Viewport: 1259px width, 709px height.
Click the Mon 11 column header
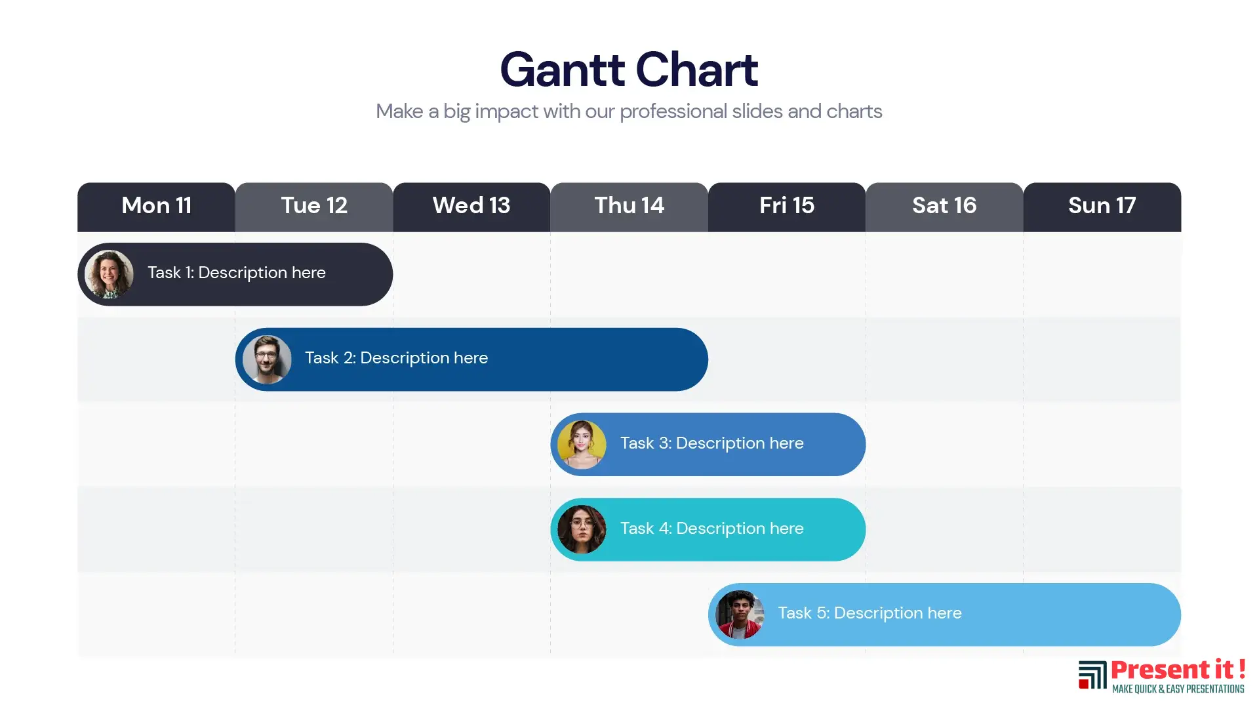coord(156,207)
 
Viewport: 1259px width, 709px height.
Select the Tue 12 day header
coord(314,207)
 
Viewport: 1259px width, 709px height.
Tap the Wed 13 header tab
coord(471,207)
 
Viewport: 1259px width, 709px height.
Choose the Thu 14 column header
coord(629,207)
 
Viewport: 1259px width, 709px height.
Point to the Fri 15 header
coord(787,207)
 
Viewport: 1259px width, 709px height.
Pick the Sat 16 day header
coord(944,207)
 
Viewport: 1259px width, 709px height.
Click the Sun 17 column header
coord(1102,207)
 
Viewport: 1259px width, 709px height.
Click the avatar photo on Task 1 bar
coord(110,274)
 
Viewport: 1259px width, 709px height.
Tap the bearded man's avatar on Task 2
coord(267,359)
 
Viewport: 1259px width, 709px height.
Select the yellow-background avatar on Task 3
coord(582,445)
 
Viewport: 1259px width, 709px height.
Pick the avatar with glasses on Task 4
coord(582,529)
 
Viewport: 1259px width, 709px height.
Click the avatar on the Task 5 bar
coord(740,615)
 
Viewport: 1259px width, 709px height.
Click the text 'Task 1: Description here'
coord(237,273)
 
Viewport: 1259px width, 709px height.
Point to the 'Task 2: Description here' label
coord(397,358)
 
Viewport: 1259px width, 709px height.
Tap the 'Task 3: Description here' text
coord(712,443)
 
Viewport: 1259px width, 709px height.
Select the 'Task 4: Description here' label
coord(712,529)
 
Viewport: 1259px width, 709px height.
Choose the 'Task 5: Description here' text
coord(870,613)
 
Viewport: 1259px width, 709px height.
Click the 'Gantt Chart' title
coord(629,70)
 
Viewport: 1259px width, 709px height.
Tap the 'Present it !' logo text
coord(1178,670)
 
